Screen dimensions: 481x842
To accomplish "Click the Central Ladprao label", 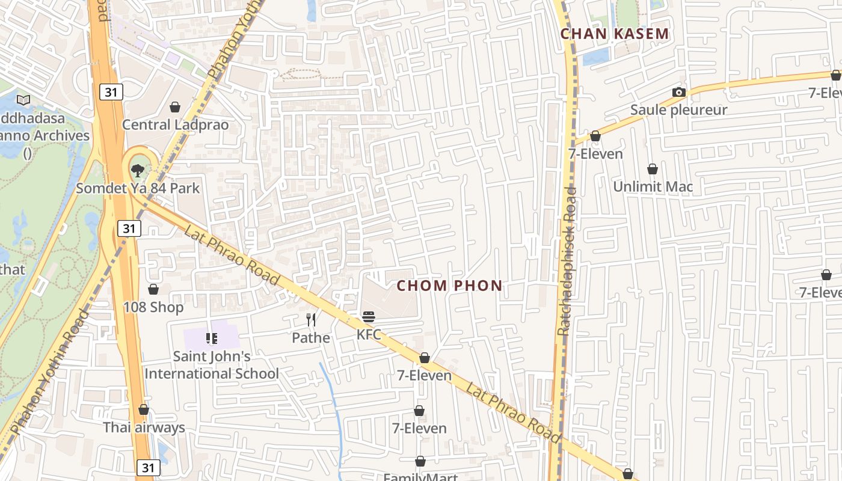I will tap(175, 124).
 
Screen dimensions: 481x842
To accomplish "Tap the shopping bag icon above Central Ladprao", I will tap(175, 107).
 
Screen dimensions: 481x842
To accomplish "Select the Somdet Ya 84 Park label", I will tap(138, 188).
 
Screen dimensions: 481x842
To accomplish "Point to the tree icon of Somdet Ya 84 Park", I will tap(138, 170).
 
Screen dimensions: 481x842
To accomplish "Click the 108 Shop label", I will tap(153, 307).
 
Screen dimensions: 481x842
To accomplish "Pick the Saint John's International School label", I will tap(212, 365).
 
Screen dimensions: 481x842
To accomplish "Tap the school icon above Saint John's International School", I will tap(212, 339).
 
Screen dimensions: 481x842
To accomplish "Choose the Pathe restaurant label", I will tap(311, 338).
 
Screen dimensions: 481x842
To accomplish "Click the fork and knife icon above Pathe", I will tap(311, 320).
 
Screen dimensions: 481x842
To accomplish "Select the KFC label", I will tap(369, 334).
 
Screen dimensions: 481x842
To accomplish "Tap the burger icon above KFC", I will tap(369, 317).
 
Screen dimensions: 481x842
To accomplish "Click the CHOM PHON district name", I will tap(449, 286).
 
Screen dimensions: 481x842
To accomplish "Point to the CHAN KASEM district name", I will tap(615, 34).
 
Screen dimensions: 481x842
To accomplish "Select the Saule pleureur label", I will tap(678, 110).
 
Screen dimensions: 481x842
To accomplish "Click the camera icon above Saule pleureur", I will tap(679, 92).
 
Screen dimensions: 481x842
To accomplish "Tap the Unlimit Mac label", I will tap(653, 186).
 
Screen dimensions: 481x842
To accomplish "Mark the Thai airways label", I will tap(144, 427).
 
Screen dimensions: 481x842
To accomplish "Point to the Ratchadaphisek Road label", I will tap(567, 261).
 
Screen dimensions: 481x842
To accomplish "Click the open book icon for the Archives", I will tap(23, 100).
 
